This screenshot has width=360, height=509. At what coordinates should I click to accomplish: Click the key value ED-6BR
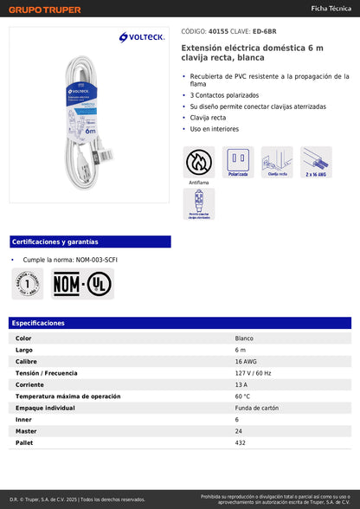(264, 32)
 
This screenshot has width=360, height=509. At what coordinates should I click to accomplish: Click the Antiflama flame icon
(199, 162)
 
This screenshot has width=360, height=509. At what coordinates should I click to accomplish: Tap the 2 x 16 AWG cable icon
(316, 162)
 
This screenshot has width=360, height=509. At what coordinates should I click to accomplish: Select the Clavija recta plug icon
(277, 162)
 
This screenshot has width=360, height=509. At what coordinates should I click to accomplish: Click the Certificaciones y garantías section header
(55, 242)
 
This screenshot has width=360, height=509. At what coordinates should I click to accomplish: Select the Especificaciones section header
(39, 323)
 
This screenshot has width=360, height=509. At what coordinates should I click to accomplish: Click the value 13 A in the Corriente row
(241, 384)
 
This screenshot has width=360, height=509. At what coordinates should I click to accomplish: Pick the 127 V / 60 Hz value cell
(253, 372)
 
